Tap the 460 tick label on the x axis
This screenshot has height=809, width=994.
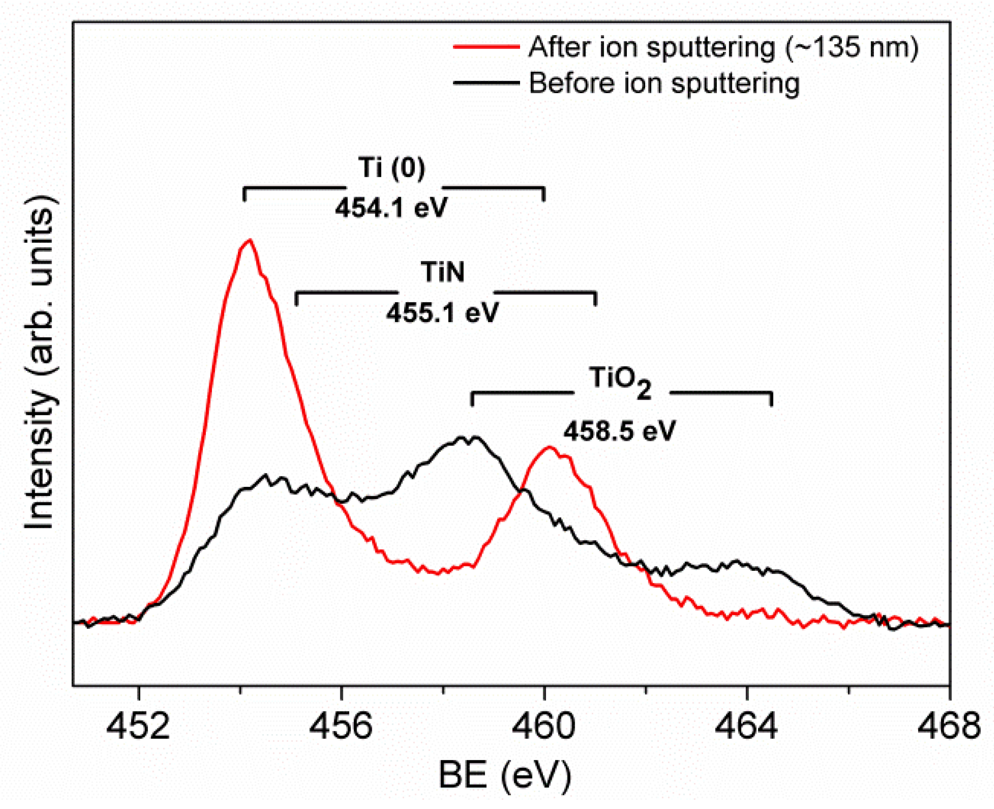coord(544,726)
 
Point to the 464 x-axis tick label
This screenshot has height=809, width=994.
coord(747,726)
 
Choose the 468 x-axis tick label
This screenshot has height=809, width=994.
coord(949,726)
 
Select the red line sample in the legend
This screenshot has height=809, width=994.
coord(486,47)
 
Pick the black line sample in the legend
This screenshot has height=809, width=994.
coord(486,83)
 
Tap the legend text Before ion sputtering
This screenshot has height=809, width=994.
coord(664,84)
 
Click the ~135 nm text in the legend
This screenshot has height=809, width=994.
coord(852,47)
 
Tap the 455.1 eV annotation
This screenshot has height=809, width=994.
coord(442,312)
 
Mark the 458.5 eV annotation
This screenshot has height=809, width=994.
coord(619,431)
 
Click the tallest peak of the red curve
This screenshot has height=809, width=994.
coord(250,240)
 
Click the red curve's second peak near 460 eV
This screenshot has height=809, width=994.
coord(550,447)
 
